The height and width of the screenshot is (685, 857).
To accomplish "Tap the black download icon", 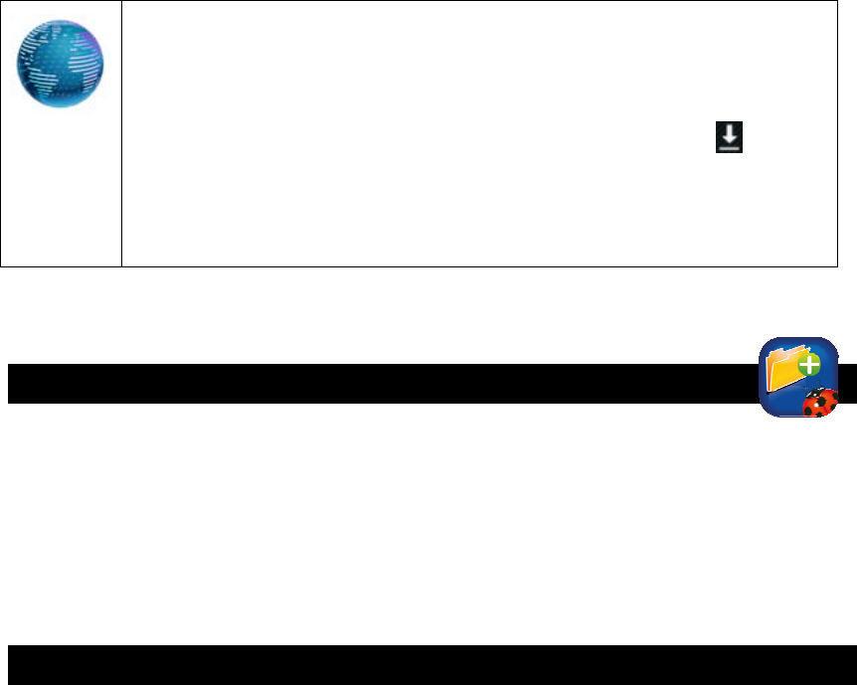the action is (x=730, y=138).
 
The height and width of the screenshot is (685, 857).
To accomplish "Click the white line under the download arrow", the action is (x=730, y=147).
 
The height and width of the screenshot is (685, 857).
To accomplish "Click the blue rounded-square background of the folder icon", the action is (x=775, y=403).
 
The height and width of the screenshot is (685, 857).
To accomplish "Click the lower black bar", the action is (x=428, y=664).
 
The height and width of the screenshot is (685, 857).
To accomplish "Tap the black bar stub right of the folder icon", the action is (x=848, y=384).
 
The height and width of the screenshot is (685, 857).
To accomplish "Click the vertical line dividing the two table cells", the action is (x=121, y=133).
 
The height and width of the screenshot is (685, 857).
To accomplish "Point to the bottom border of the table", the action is (x=418, y=266).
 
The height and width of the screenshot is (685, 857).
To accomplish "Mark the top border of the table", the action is (x=418, y=1).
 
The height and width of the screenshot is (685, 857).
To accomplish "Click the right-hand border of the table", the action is (x=837, y=133).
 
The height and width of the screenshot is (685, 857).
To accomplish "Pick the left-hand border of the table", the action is (x=1, y=133).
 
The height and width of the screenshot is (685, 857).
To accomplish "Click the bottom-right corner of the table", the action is (x=837, y=266).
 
